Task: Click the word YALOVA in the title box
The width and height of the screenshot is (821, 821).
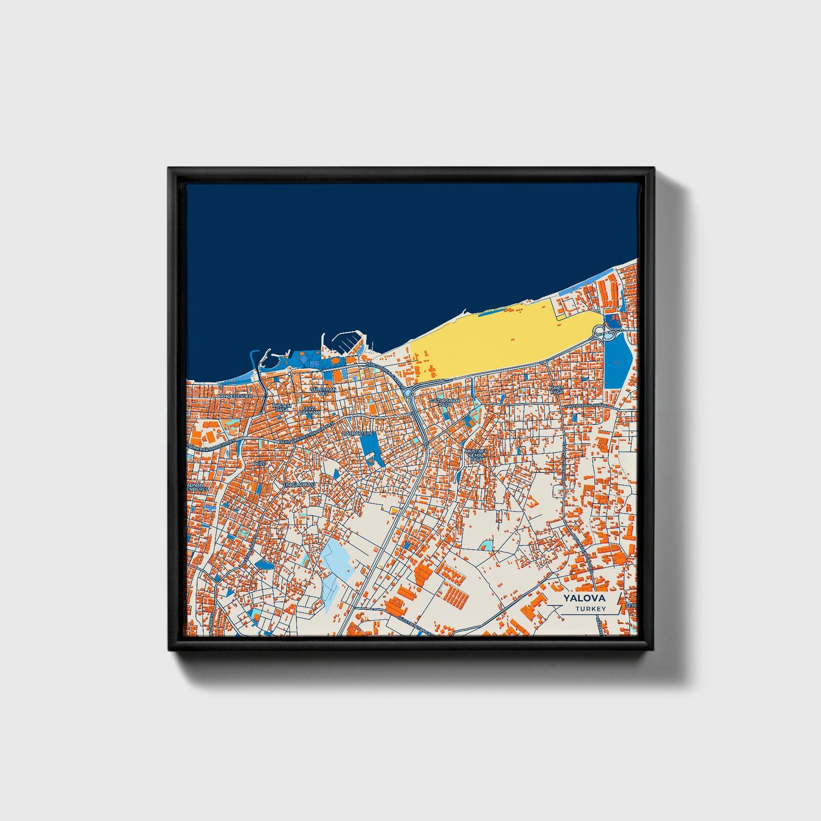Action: pos(584,598)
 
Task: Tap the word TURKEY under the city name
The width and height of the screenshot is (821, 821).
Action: pos(590,609)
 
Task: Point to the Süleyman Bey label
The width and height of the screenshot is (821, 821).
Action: pos(323,391)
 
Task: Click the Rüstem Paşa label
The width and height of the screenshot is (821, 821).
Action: pos(282,408)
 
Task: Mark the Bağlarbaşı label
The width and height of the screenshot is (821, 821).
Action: pos(299,484)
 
